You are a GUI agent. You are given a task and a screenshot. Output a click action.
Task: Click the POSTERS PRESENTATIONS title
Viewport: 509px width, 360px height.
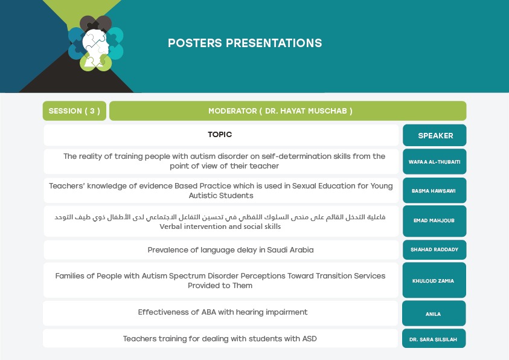[x=245, y=43]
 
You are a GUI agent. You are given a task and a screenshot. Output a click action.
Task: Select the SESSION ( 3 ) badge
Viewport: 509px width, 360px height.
[x=74, y=111]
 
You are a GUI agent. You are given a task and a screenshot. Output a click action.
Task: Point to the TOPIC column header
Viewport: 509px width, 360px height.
[x=220, y=134]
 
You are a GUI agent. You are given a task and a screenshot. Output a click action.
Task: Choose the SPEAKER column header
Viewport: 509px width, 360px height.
[x=435, y=135]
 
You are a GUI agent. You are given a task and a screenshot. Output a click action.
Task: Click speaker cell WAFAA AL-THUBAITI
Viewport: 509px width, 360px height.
[x=435, y=162]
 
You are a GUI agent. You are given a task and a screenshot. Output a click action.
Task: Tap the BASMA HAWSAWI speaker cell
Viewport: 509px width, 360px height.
[x=435, y=190]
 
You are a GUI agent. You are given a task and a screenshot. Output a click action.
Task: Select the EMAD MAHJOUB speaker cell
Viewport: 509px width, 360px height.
[x=435, y=220]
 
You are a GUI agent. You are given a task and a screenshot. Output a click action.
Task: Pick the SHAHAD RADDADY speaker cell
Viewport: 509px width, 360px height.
[x=435, y=249]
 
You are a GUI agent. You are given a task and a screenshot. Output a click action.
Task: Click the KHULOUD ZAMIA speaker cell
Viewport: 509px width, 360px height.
[x=434, y=280]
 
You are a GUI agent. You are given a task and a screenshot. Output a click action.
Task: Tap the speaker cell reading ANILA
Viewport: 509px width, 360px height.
[x=434, y=313]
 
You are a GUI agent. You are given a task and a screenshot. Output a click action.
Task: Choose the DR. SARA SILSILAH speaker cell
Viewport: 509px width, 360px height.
[x=434, y=339]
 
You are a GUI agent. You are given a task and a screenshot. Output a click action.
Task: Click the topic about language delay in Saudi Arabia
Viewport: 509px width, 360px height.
[x=231, y=250]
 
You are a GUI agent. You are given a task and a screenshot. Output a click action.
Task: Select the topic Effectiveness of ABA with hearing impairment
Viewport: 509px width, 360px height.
[x=223, y=312]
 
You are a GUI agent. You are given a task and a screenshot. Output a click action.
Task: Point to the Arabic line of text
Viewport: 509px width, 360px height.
[x=220, y=217]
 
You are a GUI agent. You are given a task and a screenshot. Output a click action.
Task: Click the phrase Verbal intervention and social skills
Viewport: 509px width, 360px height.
[x=220, y=227]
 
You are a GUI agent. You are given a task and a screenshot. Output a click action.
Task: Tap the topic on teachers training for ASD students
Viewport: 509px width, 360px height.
[x=220, y=339]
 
